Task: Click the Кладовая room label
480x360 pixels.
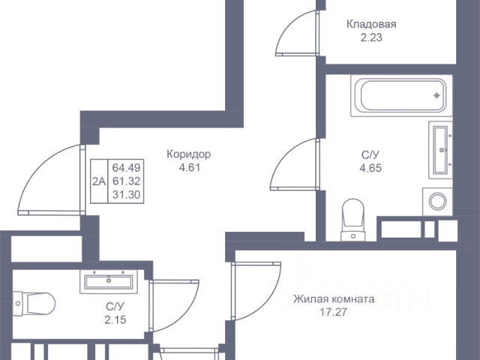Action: click(371, 24)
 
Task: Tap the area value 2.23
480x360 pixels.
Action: click(371, 37)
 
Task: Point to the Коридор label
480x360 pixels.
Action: click(189, 154)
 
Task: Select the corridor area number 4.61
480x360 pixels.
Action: click(190, 168)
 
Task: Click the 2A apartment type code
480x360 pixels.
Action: click(99, 181)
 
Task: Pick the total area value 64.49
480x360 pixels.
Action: click(127, 168)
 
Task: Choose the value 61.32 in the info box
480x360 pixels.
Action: click(127, 181)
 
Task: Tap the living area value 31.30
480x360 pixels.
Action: click(127, 195)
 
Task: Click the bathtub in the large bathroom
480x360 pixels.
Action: click(401, 96)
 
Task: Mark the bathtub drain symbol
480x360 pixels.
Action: click(436, 96)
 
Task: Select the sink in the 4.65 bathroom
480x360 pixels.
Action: click(440, 150)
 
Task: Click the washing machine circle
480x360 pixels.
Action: click(438, 202)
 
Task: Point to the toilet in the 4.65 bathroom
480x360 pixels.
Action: click(353, 220)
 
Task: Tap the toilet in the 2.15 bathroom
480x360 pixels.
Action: click(34, 303)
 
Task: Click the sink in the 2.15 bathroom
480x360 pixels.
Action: click(109, 282)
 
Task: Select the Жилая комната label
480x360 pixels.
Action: click(334, 298)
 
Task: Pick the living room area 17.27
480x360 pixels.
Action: click(333, 312)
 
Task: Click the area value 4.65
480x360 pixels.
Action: click(370, 168)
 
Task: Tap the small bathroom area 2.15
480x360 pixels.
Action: click(115, 320)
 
